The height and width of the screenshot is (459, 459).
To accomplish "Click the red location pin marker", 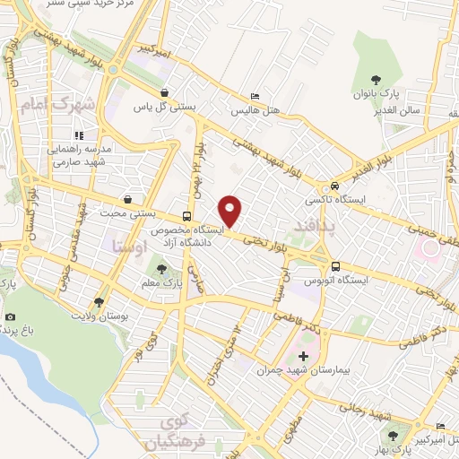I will pyautogui.click(x=231, y=210).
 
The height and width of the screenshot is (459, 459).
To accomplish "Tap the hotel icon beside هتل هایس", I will pyautogui.click(x=255, y=96).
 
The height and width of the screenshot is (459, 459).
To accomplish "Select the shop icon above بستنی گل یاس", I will pyautogui.click(x=164, y=92).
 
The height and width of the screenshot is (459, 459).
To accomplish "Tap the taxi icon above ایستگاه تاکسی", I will pyautogui.click(x=333, y=178).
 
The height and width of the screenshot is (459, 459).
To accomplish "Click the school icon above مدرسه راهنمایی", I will pyautogui.click(x=102, y=135).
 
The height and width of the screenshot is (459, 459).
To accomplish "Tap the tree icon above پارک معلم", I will pyautogui.click(x=162, y=267).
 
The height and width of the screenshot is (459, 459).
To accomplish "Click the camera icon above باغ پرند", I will pyautogui.click(x=11, y=316).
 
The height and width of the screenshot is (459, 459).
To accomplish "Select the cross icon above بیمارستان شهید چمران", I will pyautogui.click(x=303, y=356).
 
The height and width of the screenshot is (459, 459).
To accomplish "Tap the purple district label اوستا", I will pyautogui.click(x=124, y=244).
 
